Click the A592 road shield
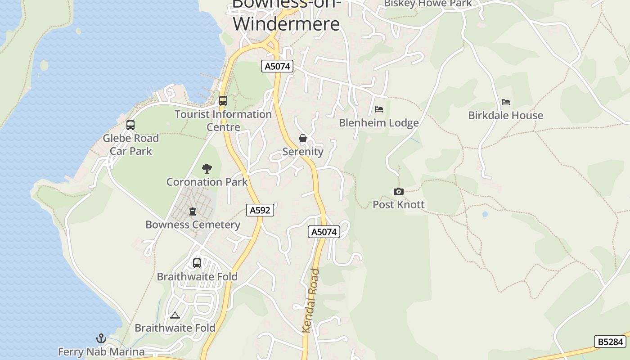tap(260, 210)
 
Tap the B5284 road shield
tap(610, 342)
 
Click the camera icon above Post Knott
tap(398, 192)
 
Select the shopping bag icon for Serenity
tap(303, 138)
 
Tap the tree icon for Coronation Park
tap(207, 169)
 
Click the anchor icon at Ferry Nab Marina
tap(101, 338)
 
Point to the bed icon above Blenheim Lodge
tap(379, 109)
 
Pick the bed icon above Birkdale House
tap(506, 102)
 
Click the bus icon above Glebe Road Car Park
tap(130, 125)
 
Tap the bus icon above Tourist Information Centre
tap(223, 101)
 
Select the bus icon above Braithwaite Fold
tap(197, 263)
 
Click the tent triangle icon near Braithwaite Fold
tap(175, 315)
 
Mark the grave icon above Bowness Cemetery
tap(193, 211)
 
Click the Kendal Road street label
tap(311, 301)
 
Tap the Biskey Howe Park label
tap(427, 4)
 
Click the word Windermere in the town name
tap(286, 23)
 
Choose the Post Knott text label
tap(398, 205)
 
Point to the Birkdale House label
tap(505, 116)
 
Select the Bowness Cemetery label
tap(193, 225)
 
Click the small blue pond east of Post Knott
tap(485, 215)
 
